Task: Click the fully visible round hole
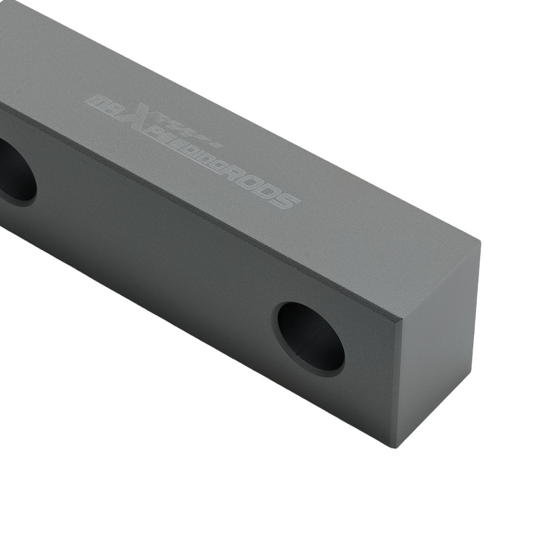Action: (311, 339)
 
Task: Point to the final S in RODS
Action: (287, 202)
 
